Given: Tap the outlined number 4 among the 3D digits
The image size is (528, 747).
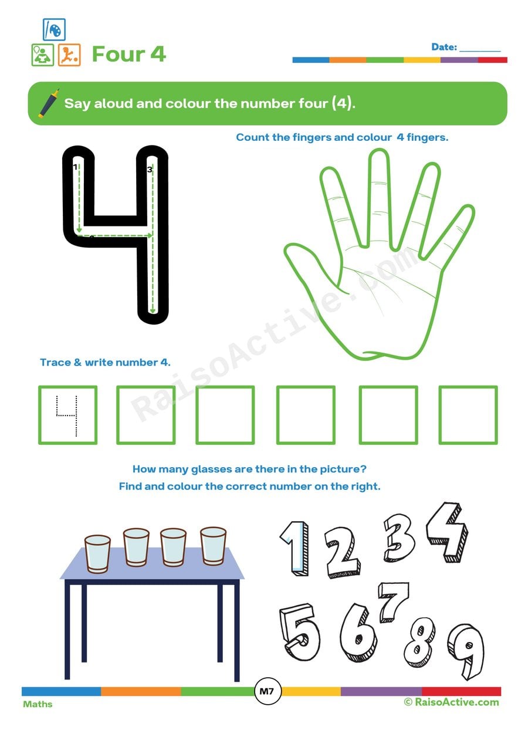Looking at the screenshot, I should [447, 532].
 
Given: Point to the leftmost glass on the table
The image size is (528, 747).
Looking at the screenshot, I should [97, 553].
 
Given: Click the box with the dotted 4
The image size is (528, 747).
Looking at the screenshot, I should [68, 415].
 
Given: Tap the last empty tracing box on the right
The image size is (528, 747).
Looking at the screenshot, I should [468, 415].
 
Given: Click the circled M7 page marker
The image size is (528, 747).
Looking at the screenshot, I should [267, 692].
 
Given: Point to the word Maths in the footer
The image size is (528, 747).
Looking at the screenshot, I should [38, 704].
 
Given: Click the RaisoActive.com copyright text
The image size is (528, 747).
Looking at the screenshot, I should [451, 702].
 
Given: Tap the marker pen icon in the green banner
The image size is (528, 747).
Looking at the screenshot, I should [49, 103].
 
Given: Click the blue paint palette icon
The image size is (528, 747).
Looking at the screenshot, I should [54, 29].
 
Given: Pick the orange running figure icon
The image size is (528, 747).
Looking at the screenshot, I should [69, 55].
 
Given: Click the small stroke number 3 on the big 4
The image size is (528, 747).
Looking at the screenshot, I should [150, 170].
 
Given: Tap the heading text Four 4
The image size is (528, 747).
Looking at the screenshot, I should [129, 54].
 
